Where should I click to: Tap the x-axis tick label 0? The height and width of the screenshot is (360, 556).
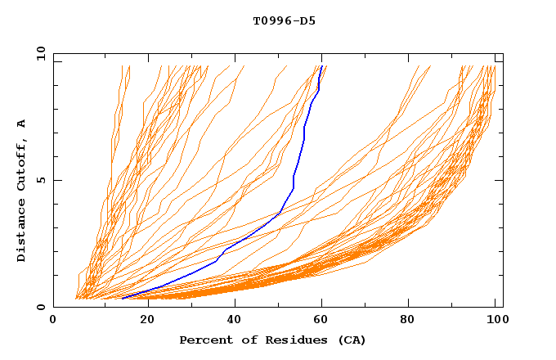point(53,322)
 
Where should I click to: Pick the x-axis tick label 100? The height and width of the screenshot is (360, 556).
point(495,322)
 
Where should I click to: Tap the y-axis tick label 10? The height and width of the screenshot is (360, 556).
point(39,54)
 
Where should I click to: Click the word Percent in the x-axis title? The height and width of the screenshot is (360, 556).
point(205,340)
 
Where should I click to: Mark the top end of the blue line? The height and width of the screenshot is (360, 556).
point(322,66)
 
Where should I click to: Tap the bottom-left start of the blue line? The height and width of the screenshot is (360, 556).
point(122,298)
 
